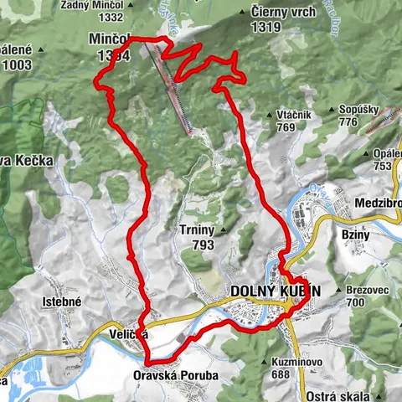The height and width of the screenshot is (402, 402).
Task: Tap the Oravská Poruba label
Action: (x=177, y=376)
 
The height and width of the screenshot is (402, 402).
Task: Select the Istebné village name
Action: (x=64, y=299)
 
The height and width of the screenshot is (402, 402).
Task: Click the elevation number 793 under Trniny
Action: (x=201, y=245)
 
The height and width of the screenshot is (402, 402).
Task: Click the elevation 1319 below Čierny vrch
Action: (x=265, y=27)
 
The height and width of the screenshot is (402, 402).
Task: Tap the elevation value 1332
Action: (x=111, y=18)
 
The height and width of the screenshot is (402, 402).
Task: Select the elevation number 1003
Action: (x=16, y=64)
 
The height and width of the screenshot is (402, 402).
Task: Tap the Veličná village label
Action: (x=128, y=334)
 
